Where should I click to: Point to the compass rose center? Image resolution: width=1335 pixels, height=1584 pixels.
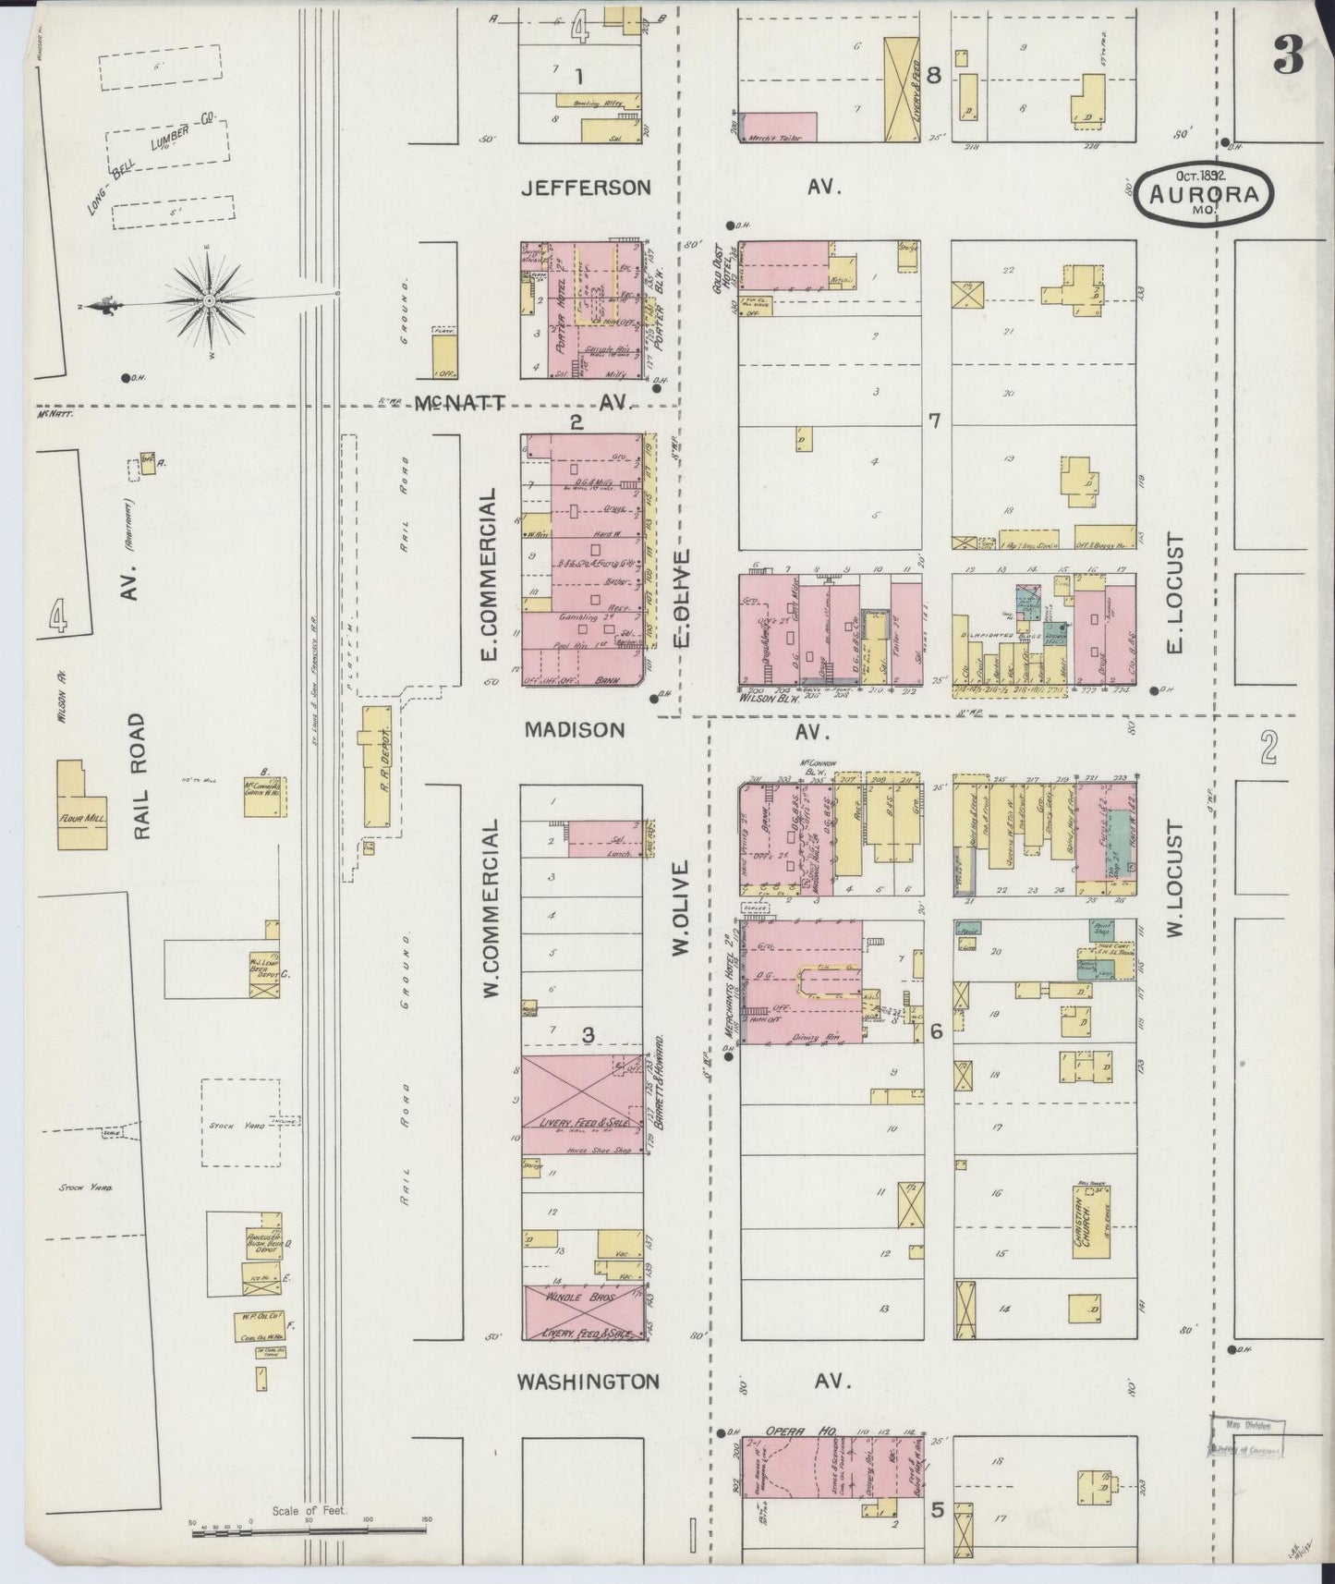pos(210,301)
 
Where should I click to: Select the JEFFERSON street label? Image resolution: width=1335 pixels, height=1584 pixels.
pos(586,188)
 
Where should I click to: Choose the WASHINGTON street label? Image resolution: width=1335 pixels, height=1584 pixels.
pos(588,1382)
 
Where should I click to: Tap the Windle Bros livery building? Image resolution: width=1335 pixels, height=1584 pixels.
pos(583,1313)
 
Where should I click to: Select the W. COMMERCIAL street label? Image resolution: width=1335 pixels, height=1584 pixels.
pos(491,928)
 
